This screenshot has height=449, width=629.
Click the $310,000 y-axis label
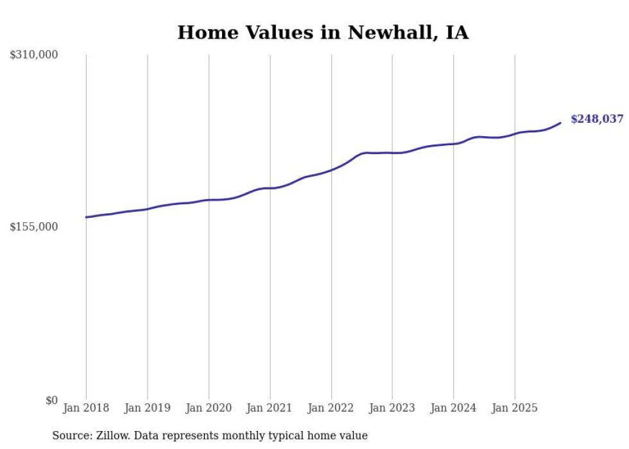click(x=34, y=55)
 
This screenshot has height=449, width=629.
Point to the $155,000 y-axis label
click(x=34, y=227)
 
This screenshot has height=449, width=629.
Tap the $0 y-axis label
click(x=51, y=400)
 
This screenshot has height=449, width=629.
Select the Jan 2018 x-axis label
click(x=86, y=408)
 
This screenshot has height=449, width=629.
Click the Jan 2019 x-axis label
click(x=148, y=408)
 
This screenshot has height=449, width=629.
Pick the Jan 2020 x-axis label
click(x=209, y=408)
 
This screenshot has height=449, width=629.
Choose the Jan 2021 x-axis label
click(x=270, y=408)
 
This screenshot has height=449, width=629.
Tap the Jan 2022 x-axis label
click(x=331, y=408)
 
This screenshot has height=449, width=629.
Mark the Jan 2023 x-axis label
click(x=392, y=408)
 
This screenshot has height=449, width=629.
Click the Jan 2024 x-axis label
click(x=453, y=408)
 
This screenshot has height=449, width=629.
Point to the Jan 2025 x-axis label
click(x=514, y=408)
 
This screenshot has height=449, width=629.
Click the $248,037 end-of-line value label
click(x=596, y=119)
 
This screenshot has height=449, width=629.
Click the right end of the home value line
click(x=560, y=123)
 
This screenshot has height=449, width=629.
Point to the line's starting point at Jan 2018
click(x=86, y=217)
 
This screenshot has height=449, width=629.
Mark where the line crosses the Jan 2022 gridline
click(x=331, y=170)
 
